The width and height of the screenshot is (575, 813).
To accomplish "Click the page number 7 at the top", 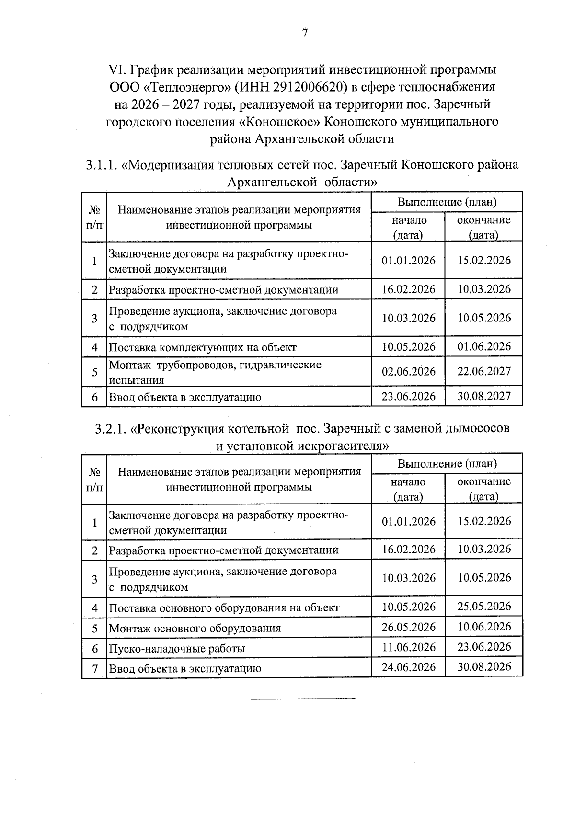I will pyautogui.click(x=304, y=33).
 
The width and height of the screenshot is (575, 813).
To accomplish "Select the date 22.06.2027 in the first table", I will pyautogui.click(x=484, y=371).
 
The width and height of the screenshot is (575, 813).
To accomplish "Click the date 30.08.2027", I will pyautogui.click(x=484, y=396).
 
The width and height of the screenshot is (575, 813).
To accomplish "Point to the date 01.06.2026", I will pyautogui.click(x=484, y=346).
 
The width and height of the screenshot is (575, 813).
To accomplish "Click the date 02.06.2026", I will pyautogui.click(x=409, y=371).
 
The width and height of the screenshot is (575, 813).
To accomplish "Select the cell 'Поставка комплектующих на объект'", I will pyautogui.click(x=203, y=347).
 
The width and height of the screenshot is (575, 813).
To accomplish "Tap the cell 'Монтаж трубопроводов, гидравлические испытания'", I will pyautogui.click(x=215, y=372).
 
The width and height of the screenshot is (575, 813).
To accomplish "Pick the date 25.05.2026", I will pyautogui.click(x=484, y=606).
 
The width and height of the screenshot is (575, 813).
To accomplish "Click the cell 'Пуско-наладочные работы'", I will pyautogui.click(x=177, y=649).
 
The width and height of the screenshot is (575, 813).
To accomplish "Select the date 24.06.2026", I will pyautogui.click(x=409, y=667).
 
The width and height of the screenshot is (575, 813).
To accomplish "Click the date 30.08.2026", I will pyautogui.click(x=484, y=666).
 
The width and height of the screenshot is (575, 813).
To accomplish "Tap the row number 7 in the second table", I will pyautogui.click(x=95, y=668).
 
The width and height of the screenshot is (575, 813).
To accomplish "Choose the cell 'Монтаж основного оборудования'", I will pyautogui.click(x=195, y=628).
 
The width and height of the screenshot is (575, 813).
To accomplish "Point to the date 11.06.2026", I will pyautogui.click(x=409, y=647).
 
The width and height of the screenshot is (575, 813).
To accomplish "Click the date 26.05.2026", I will pyautogui.click(x=409, y=627).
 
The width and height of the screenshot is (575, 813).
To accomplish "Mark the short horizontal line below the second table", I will pyautogui.click(x=303, y=699).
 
